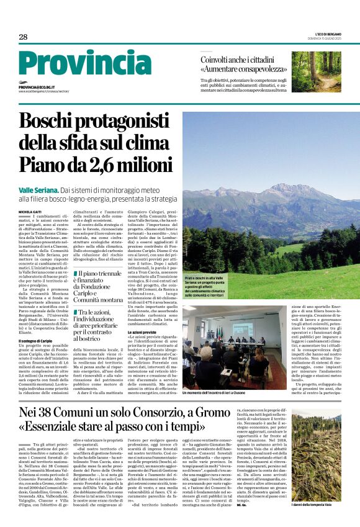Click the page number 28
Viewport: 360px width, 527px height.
click(x=23, y=37)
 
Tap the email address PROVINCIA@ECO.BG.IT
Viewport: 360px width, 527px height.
click(x=37, y=88)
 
